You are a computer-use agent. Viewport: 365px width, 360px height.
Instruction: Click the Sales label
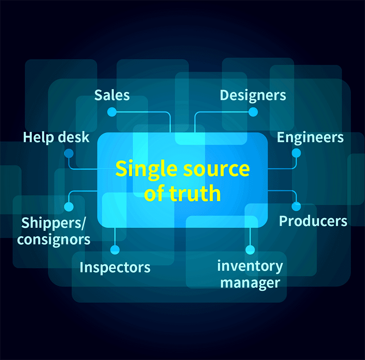112,95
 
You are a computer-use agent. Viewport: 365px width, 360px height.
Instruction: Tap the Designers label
253,95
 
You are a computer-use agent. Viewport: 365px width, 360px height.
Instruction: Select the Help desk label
57,137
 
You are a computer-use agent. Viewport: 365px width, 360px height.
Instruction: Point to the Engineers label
310,137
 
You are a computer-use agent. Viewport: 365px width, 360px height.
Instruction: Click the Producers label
313,221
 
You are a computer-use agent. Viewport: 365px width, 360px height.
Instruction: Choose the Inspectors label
115,267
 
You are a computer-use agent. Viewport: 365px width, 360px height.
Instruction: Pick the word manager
250,282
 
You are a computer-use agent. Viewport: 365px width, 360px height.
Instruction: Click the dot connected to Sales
112,112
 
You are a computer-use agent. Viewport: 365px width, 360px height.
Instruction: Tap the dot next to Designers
253,112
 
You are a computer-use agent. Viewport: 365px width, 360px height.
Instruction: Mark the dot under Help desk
69,153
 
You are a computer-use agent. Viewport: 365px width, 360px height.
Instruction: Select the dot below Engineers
296,153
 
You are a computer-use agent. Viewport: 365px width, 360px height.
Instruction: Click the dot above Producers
296,206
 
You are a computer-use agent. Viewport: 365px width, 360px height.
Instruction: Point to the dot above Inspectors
115,250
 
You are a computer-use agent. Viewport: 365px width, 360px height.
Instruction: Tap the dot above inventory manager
250,250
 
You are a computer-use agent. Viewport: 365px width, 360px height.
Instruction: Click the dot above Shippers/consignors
69,206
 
